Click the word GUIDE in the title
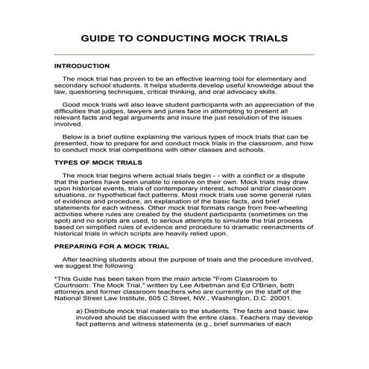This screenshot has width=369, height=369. click(101, 37)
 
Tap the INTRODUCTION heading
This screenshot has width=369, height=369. click(82, 66)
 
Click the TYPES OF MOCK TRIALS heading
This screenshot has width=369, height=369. click(98, 162)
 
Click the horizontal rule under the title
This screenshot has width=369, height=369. click(184, 54)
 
